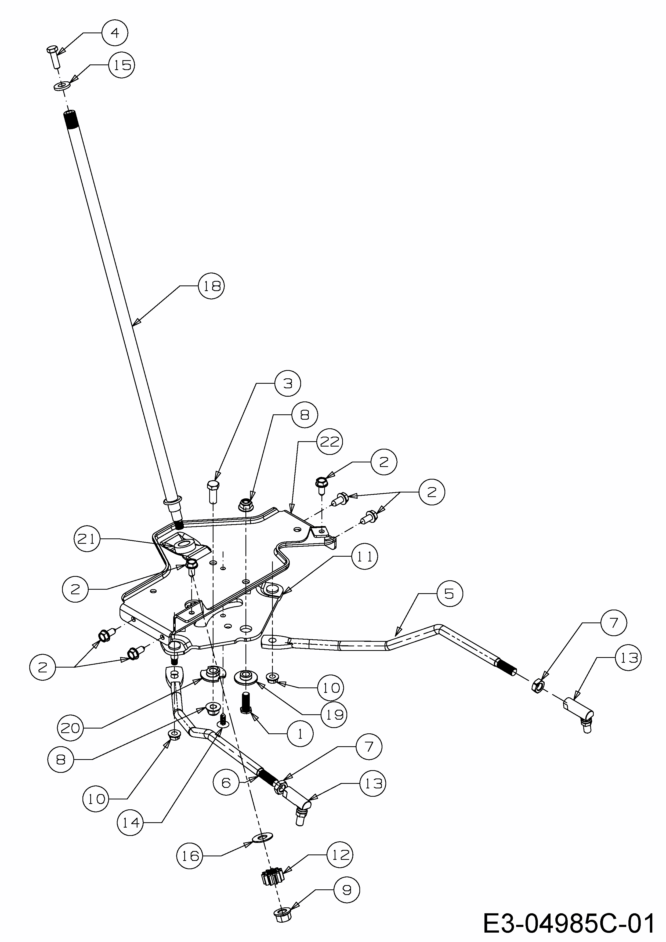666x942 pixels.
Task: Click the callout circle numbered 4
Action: [115, 32]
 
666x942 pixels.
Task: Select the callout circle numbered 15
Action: [122, 65]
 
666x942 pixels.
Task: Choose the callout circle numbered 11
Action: [364, 557]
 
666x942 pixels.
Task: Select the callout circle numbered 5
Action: [449, 593]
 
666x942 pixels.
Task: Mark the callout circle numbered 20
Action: [70, 728]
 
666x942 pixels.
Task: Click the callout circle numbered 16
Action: [190, 856]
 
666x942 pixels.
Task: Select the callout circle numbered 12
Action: [340, 855]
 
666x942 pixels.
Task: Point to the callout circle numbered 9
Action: [347, 890]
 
